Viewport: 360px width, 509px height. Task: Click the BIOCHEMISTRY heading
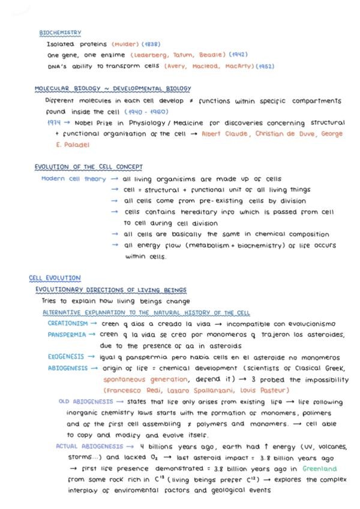[x=60, y=32]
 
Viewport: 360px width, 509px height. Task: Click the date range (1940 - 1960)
[x=147, y=112]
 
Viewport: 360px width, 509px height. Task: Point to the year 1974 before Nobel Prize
[x=55, y=122]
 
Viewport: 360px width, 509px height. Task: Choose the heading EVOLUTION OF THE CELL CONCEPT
[x=88, y=167]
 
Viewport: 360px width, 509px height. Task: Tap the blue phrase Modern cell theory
[x=73, y=179]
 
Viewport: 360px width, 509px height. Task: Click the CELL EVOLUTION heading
[x=55, y=278]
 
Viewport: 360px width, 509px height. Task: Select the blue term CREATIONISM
[x=68, y=323]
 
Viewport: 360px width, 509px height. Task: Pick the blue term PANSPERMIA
[x=68, y=334]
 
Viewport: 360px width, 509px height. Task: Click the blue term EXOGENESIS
[x=67, y=357]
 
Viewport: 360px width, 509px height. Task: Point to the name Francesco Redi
[x=129, y=391]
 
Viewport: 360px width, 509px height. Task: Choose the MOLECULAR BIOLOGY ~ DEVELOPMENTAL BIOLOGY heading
[x=113, y=88]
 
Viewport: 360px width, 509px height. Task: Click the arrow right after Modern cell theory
[x=114, y=179]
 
